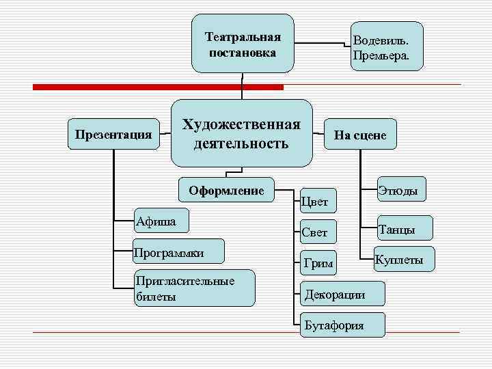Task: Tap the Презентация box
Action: (x=112, y=134)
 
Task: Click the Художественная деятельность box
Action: (x=241, y=134)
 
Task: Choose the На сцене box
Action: (x=360, y=135)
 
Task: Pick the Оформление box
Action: (x=225, y=191)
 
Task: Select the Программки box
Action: (x=178, y=253)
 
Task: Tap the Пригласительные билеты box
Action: (x=193, y=288)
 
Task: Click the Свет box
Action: (x=318, y=232)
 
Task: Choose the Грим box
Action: (x=318, y=263)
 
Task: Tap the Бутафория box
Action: (x=342, y=325)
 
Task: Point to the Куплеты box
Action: (x=403, y=260)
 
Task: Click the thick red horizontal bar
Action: (x=158, y=87)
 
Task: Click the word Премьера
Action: (x=381, y=55)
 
